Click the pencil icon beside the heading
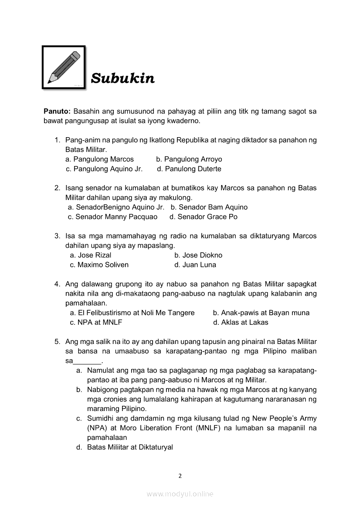tap(64, 67)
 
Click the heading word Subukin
tap(122, 79)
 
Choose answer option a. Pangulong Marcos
tap(99, 159)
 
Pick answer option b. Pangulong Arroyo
tap(189, 159)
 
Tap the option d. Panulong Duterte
tap(189, 169)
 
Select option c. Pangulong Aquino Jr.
tap(104, 169)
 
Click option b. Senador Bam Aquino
tap(209, 207)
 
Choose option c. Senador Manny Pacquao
tap(113, 217)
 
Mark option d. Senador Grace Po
tap(204, 217)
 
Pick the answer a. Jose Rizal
tap(91, 255)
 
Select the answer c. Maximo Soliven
tap(99, 265)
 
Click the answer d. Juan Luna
tap(195, 265)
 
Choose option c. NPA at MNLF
tap(96, 322)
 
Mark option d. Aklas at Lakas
tap(241, 322)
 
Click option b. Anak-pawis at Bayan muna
tap(261, 313)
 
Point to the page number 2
tap(180, 476)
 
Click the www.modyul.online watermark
tap(180, 494)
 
